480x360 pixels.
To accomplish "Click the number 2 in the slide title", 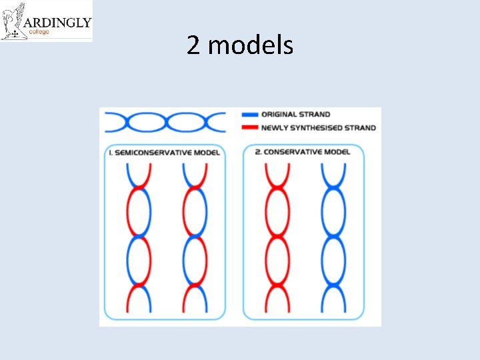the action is pyautogui.click(x=193, y=45).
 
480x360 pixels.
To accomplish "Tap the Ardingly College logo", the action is pyautogui.click(x=46, y=21).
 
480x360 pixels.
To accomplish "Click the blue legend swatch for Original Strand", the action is pyautogui.click(x=251, y=115).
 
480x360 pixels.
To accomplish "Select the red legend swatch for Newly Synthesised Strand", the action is pyautogui.click(x=251, y=127).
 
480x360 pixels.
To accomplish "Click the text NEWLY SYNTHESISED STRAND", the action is pyautogui.click(x=318, y=127).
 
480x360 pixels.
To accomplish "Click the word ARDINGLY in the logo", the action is pyautogui.click(x=58, y=23).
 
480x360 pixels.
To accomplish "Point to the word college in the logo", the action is pyautogui.click(x=39, y=32).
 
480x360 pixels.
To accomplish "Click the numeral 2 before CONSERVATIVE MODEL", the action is pyautogui.click(x=257, y=152).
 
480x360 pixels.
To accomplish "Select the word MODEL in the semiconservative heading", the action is pyautogui.click(x=207, y=153).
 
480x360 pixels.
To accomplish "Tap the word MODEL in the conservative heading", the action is pyautogui.click(x=337, y=152).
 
